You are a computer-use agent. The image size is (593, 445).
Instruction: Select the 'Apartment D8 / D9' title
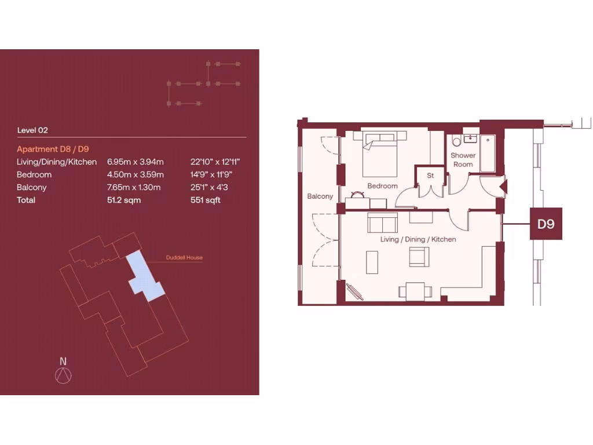tap(53, 149)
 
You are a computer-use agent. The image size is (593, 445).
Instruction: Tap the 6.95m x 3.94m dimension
tap(136, 162)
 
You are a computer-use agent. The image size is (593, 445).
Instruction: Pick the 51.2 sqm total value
tap(124, 200)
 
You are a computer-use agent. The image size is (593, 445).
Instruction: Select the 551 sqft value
tap(206, 200)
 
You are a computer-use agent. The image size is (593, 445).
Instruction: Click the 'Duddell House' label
tap(184, 257)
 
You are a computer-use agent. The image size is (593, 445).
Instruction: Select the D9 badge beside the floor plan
tap(546, 224)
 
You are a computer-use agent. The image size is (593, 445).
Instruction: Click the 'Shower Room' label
tap(463, 159)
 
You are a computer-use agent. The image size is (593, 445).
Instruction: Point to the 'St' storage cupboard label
tap(430, 175)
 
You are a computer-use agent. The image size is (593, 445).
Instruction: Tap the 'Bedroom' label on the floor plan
tap(382, 186)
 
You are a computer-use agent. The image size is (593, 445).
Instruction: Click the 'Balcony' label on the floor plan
tap(320, 196)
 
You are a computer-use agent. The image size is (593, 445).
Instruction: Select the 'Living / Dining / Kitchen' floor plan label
tap(418, 239)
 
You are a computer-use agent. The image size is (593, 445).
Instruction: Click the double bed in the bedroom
tap(380, 155)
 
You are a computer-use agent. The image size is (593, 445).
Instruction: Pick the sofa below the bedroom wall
tap(382, 222)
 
